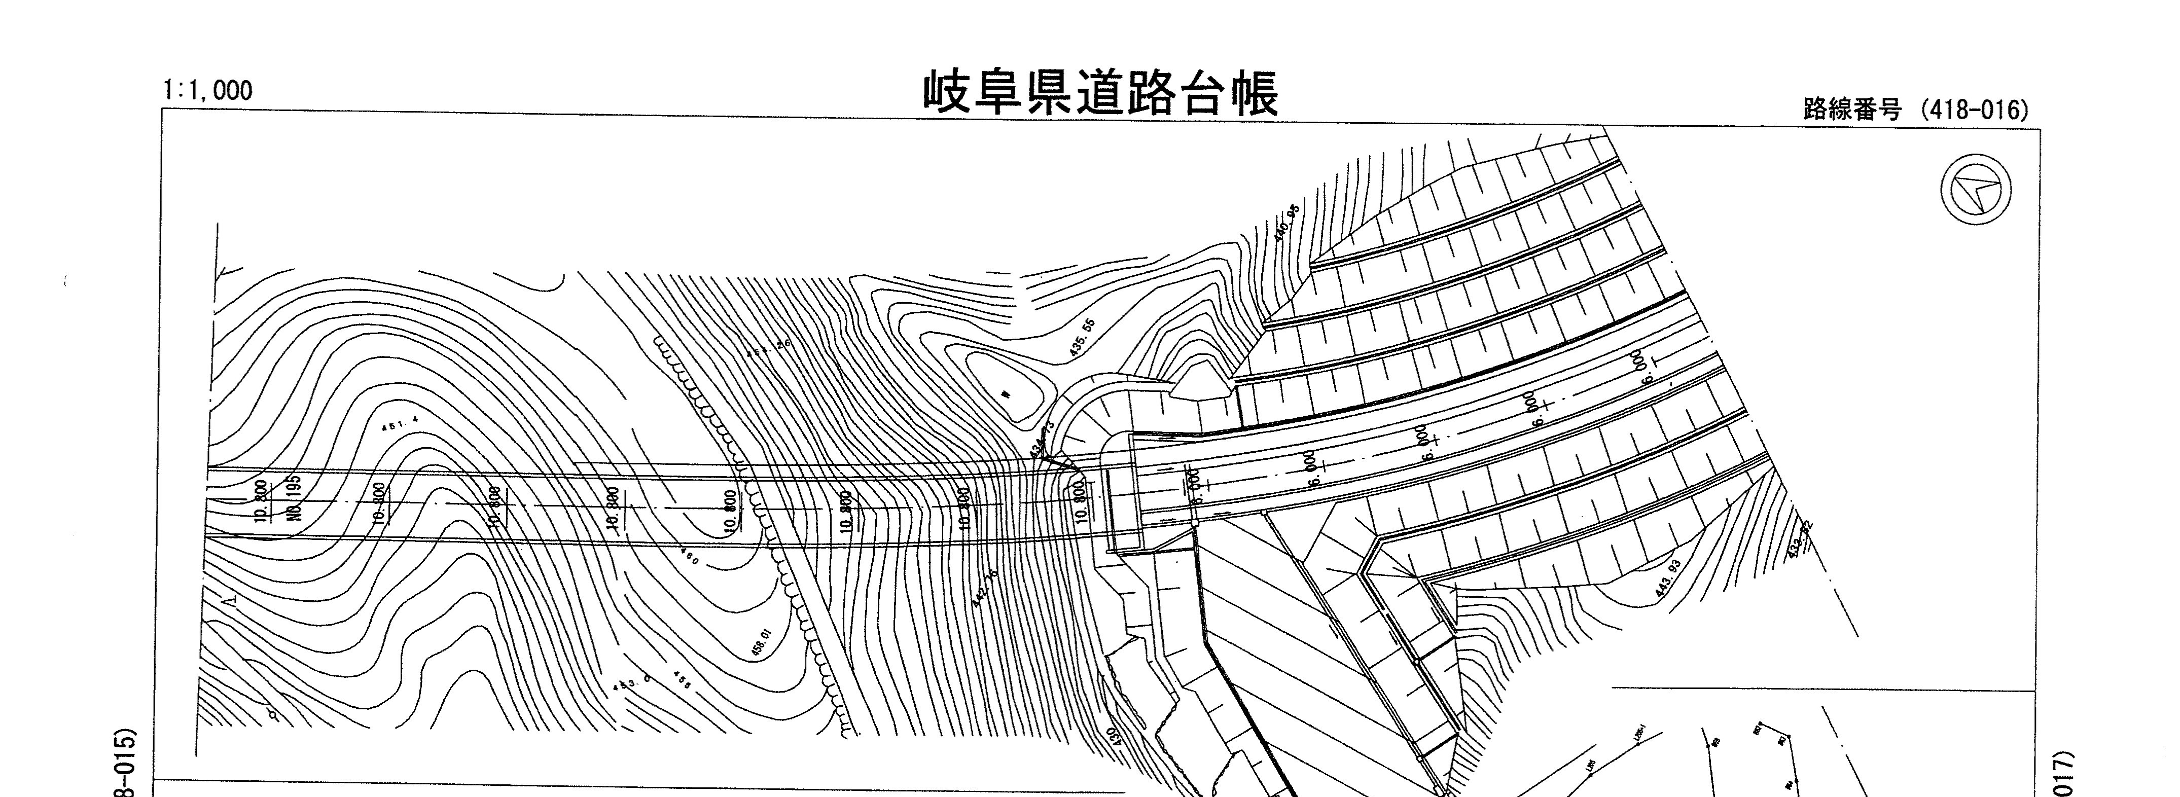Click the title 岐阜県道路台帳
pyautogui.click(x=1100, y=94)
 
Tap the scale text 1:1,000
pyautogui.click(x=207, y=90)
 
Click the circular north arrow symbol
pyautogui.click(x=1975, y=190)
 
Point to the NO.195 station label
pyautogui.click(x=294, y=499)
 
